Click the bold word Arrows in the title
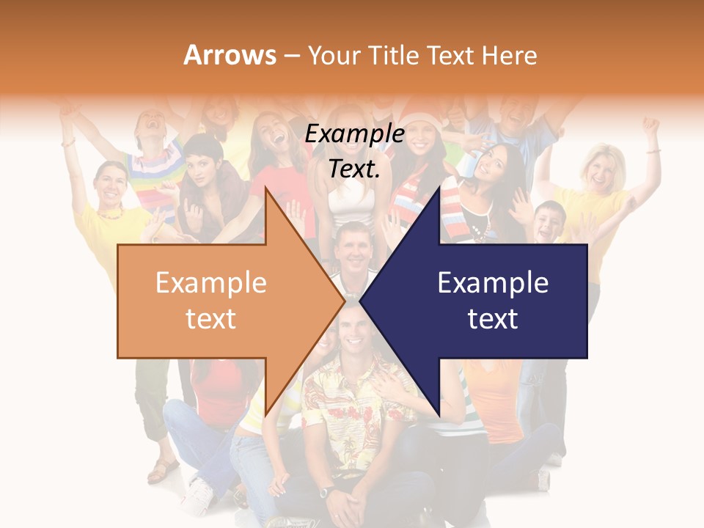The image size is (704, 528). (230, 55)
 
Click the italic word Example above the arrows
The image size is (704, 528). (354, 134)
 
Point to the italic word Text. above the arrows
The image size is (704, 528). (354, 169)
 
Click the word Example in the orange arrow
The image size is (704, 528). (211, 283)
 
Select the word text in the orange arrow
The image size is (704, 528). (211, 319)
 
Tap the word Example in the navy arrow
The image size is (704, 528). (493, 283)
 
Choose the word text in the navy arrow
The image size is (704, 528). (493, 319)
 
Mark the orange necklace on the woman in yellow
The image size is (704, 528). (112, 213)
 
